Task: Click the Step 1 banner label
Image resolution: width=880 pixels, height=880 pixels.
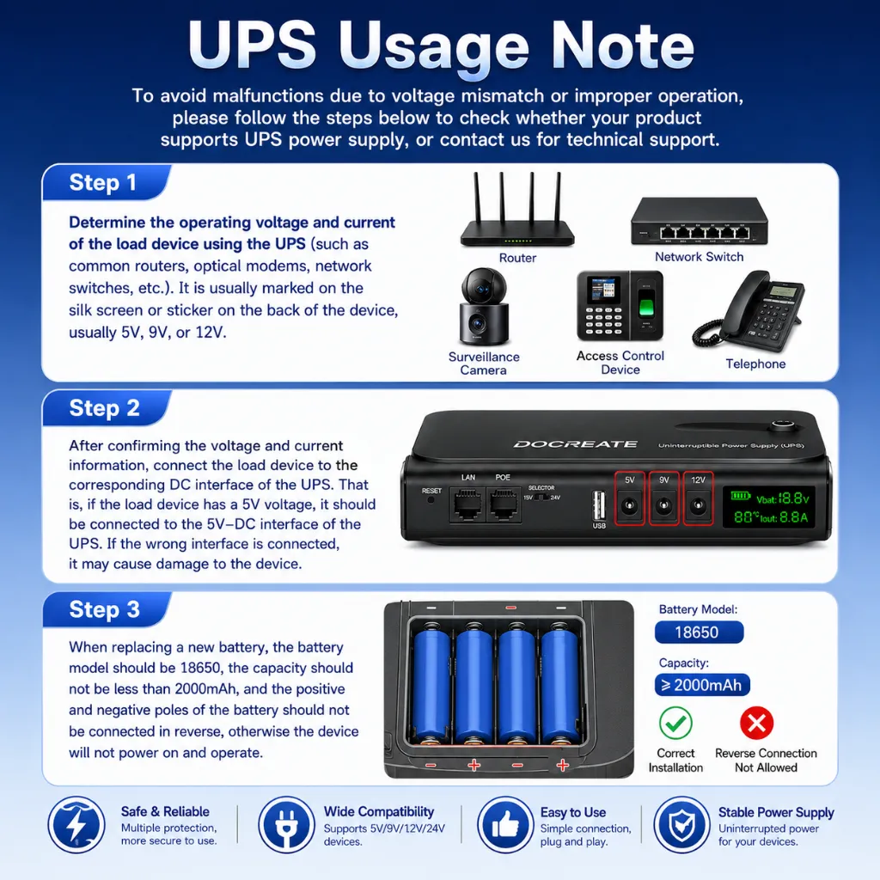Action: [x=103, y=183]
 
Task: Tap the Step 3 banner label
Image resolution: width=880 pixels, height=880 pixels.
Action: [x=104, y=609]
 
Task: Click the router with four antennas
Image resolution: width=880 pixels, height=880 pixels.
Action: [x=516, y=211]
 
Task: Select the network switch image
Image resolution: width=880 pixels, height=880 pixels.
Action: [x=699, y=221]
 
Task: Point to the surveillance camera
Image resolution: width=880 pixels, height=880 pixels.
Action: [x=484, y=307]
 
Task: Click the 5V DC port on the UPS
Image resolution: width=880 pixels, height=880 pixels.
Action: [x=629, y=505]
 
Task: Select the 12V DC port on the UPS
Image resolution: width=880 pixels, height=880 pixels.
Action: [x=698, y=505]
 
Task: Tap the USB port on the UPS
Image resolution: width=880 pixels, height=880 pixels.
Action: [x=599, y=505]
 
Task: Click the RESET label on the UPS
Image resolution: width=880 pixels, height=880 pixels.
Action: [x=431, y=491]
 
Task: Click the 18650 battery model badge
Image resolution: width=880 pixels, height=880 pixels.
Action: [x=699, y=632]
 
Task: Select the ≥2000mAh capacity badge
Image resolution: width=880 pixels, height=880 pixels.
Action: [x=702, y=685]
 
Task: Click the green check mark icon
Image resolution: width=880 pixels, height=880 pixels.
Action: [x=675, y=723]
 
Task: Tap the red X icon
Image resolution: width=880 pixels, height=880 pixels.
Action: [x=756, y=723]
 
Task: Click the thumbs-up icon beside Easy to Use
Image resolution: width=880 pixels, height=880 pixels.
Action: [x=505, y=824]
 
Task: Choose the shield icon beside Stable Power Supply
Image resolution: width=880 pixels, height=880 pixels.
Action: [x=681, y=824]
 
